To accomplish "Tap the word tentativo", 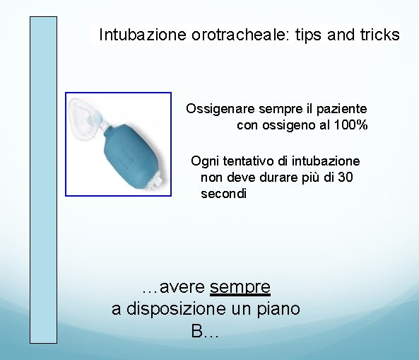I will click(x=251, y=161).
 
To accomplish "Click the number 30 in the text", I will click(x=345, y=177).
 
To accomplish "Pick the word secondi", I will click(x=224, y=193).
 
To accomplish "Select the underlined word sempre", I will click(x=240, y=287).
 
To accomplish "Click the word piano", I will click(x=278, y=309).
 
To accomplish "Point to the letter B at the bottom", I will click(x=198, y=331).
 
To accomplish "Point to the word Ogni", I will click(x=205, y=161).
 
